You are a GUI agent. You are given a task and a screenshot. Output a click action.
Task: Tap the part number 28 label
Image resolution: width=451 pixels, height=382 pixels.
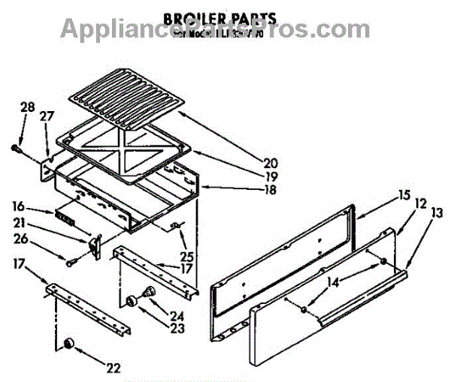point(27,108)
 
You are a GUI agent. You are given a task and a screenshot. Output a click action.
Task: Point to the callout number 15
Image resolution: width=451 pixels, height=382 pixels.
point(404,197)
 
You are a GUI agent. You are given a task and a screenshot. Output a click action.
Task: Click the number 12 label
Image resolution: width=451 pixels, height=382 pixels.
point(420,203)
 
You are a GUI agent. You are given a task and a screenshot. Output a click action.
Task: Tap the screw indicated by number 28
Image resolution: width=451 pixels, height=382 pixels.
point(16,149)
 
